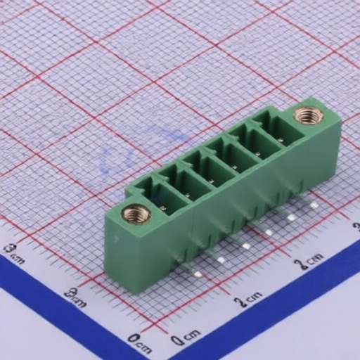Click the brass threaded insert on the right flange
(308, 115)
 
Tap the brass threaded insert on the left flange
(136, 214)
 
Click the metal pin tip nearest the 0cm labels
(198, 274)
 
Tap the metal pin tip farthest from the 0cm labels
(314, 205)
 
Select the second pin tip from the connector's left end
(221, 259)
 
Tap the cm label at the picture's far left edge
(13, 252)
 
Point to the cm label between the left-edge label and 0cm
(75, 297)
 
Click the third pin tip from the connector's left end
(245, 245)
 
